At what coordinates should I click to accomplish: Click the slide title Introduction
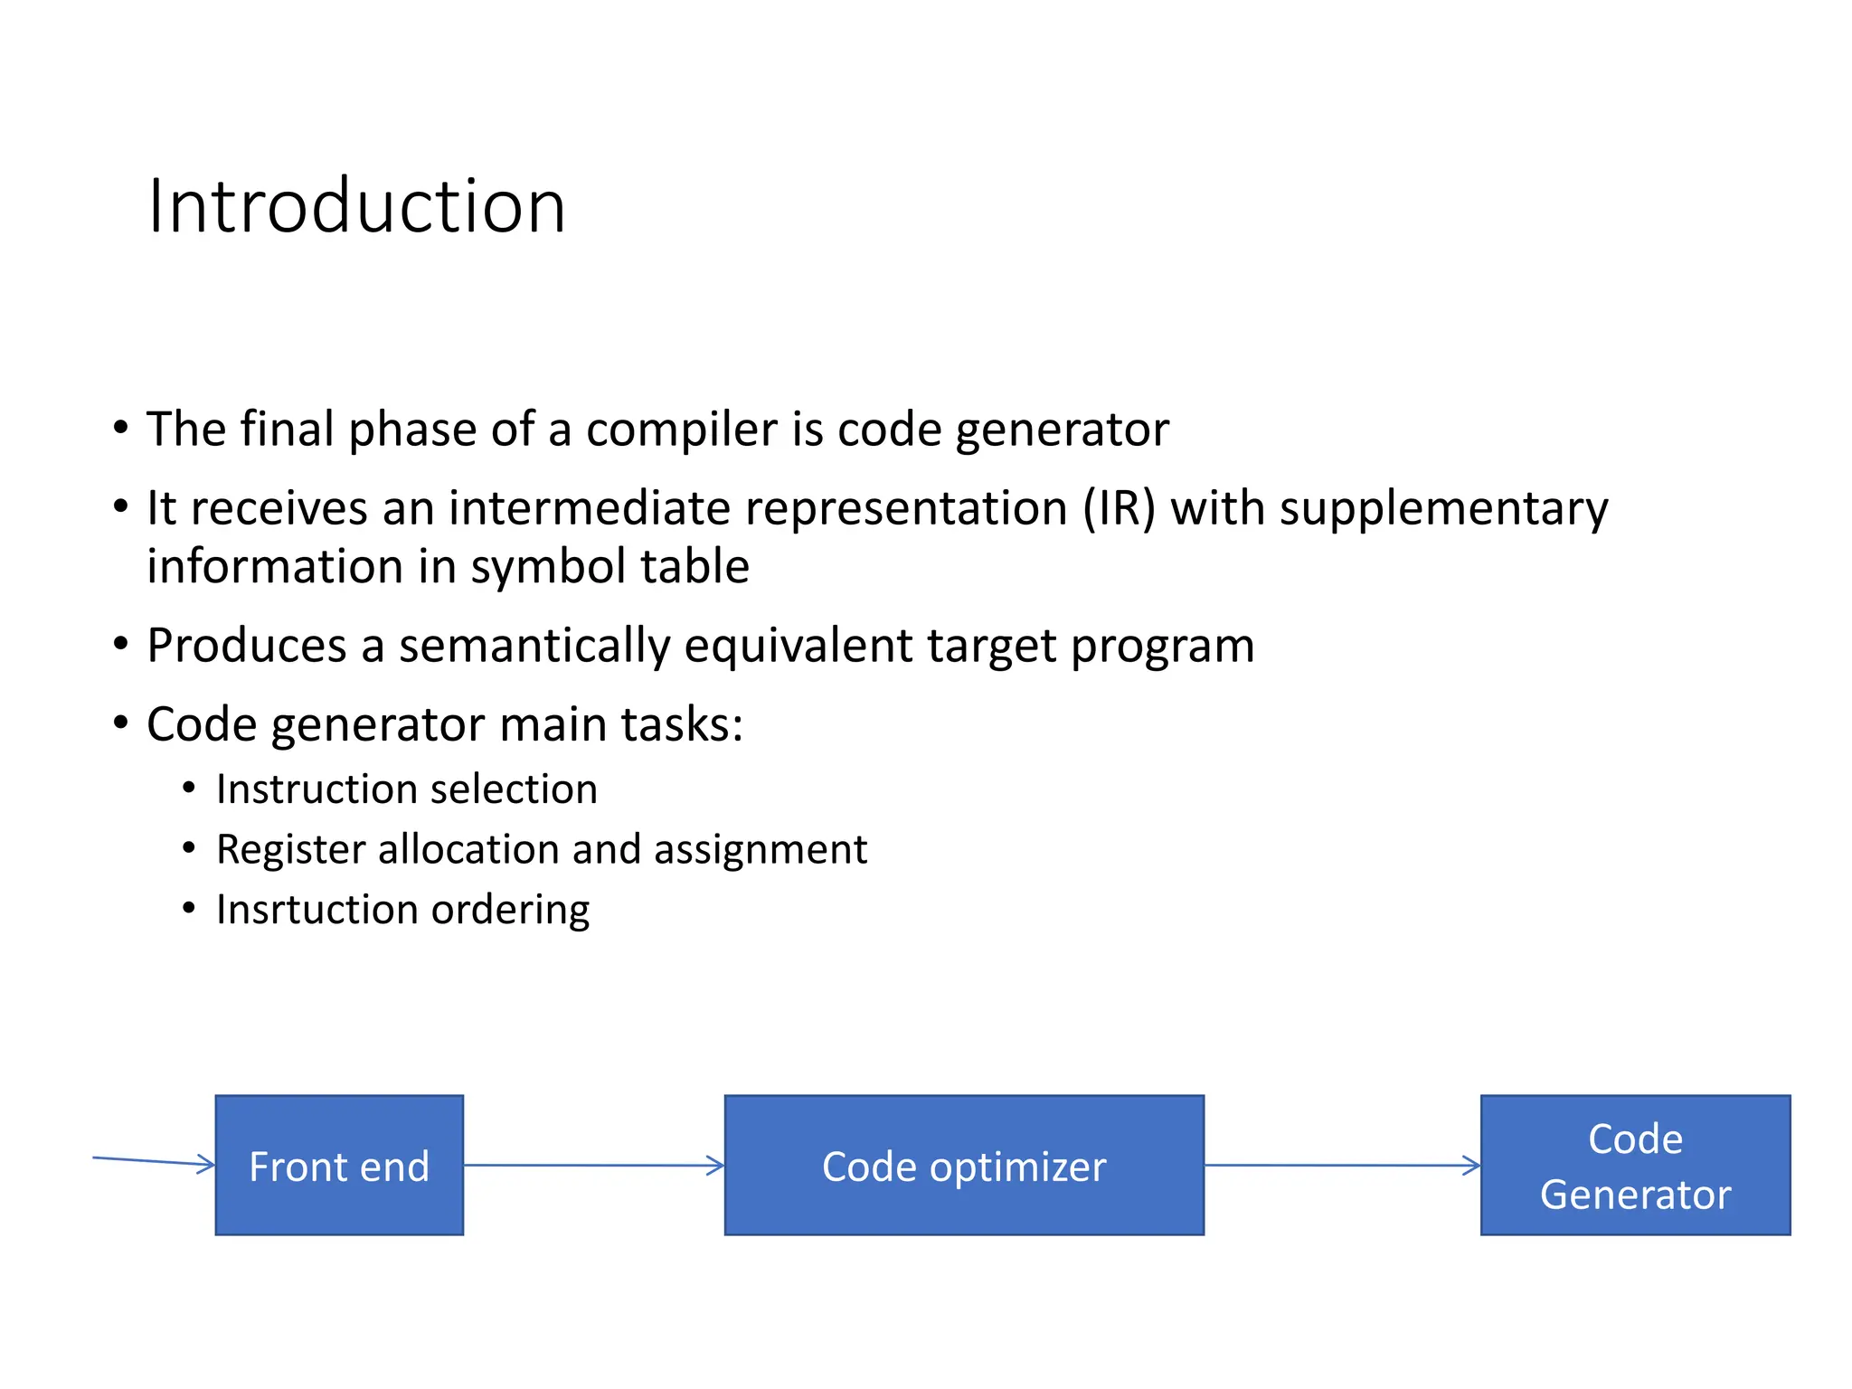point(356,206)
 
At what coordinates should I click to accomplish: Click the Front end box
point(339,1166)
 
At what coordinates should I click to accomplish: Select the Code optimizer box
point(964,1166)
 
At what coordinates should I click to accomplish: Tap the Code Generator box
point(1635,1166)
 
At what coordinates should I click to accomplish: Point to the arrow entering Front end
point(154,1161)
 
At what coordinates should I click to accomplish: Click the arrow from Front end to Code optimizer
point(593,1165)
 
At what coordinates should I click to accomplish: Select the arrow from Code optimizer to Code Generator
point(1342,1165)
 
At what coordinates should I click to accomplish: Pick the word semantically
point(534,646)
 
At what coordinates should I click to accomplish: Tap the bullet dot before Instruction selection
point(189,789)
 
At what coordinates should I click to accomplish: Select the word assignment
point(761,850)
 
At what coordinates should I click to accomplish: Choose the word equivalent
point(798,646)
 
